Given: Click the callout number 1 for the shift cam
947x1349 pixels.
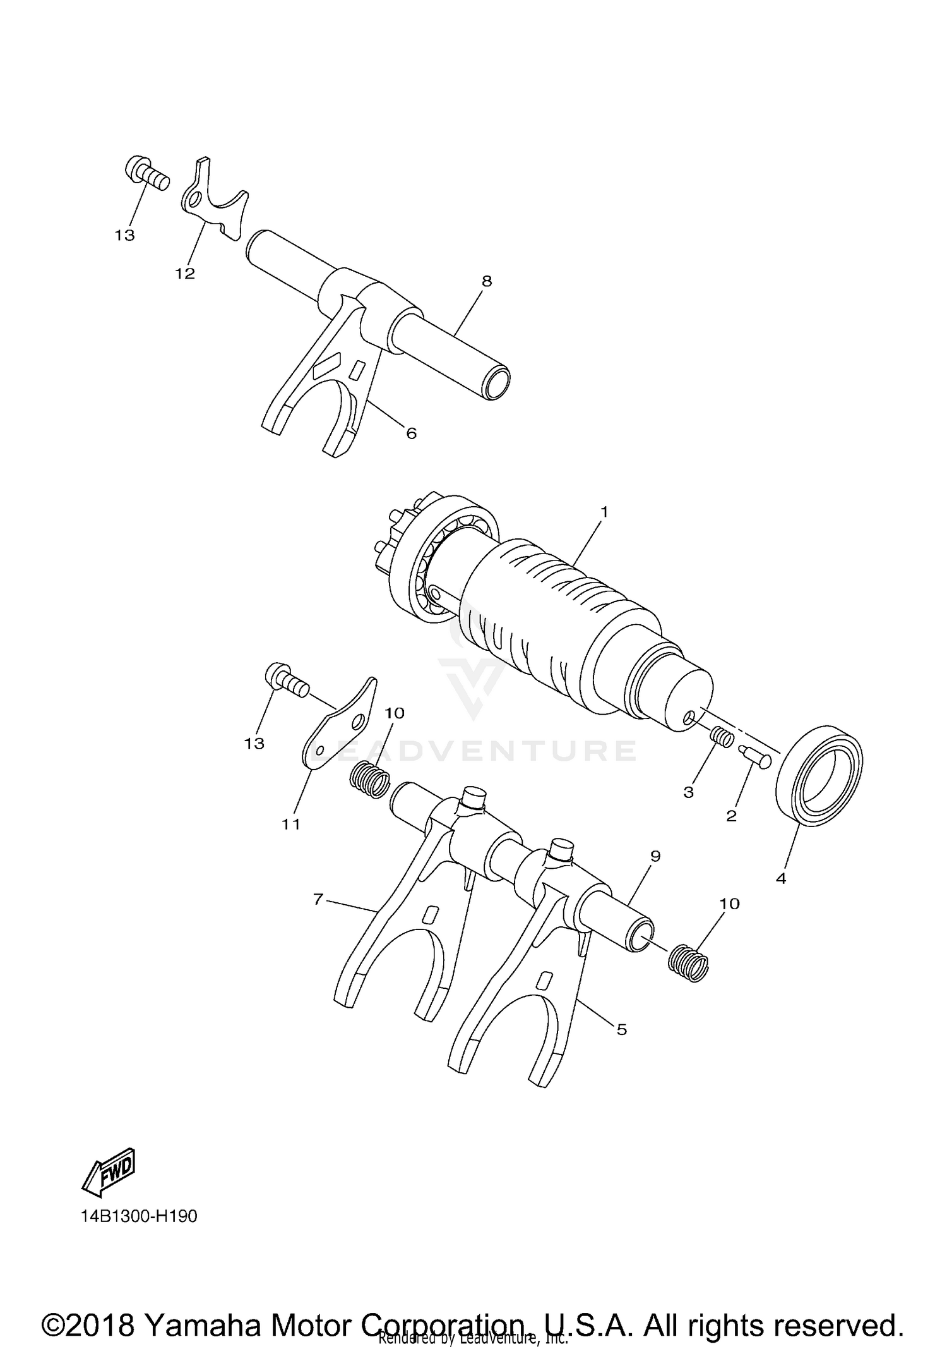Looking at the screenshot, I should [604, 512].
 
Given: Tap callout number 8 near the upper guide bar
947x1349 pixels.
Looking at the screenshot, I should [486, 282].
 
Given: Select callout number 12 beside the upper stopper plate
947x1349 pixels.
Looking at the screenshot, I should [186, 274].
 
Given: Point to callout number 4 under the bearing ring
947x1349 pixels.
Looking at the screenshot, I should [781, 878].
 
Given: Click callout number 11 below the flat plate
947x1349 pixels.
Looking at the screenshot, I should [291, 824].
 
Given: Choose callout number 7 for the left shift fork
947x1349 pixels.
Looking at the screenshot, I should [318, 898].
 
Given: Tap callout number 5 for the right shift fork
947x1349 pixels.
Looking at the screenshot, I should [622, 1029].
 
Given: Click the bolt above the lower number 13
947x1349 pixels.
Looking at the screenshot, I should [286, 681].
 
